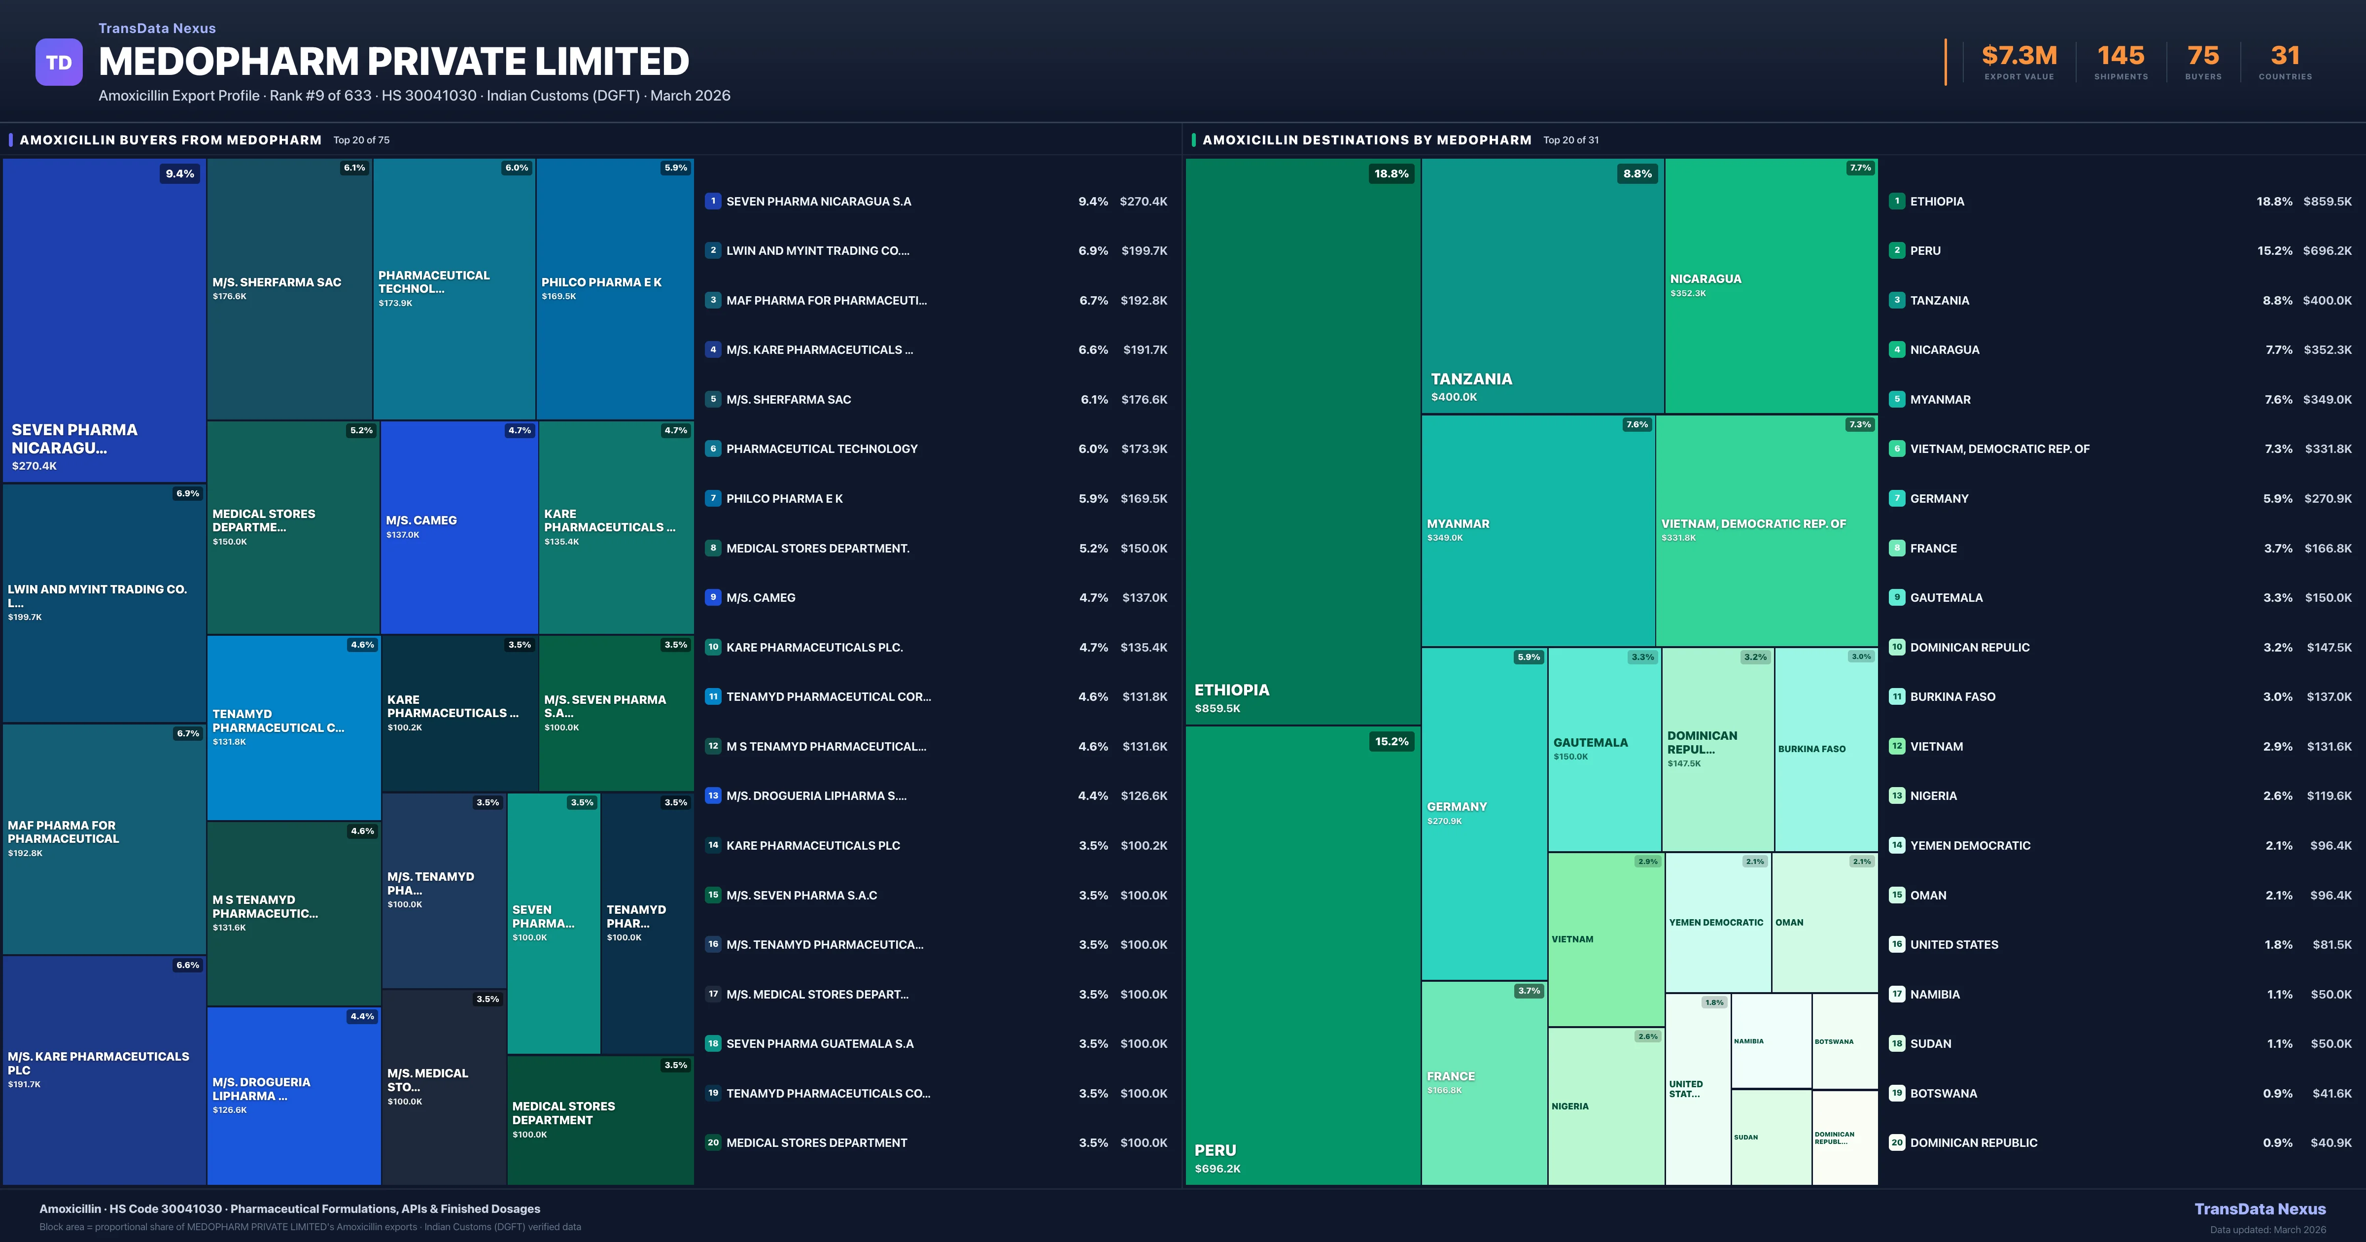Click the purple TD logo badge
coord(59,63)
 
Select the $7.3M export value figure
coord(2019,56)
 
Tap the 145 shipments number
coord(2120,56)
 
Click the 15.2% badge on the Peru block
coord(1391,741)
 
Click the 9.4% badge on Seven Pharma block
coord(179,173)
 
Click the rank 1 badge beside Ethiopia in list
coord(1897,201)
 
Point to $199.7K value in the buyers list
coord(1144,251)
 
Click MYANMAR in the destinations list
coord(1940,400)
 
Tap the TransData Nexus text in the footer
coord(2260,1209)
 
